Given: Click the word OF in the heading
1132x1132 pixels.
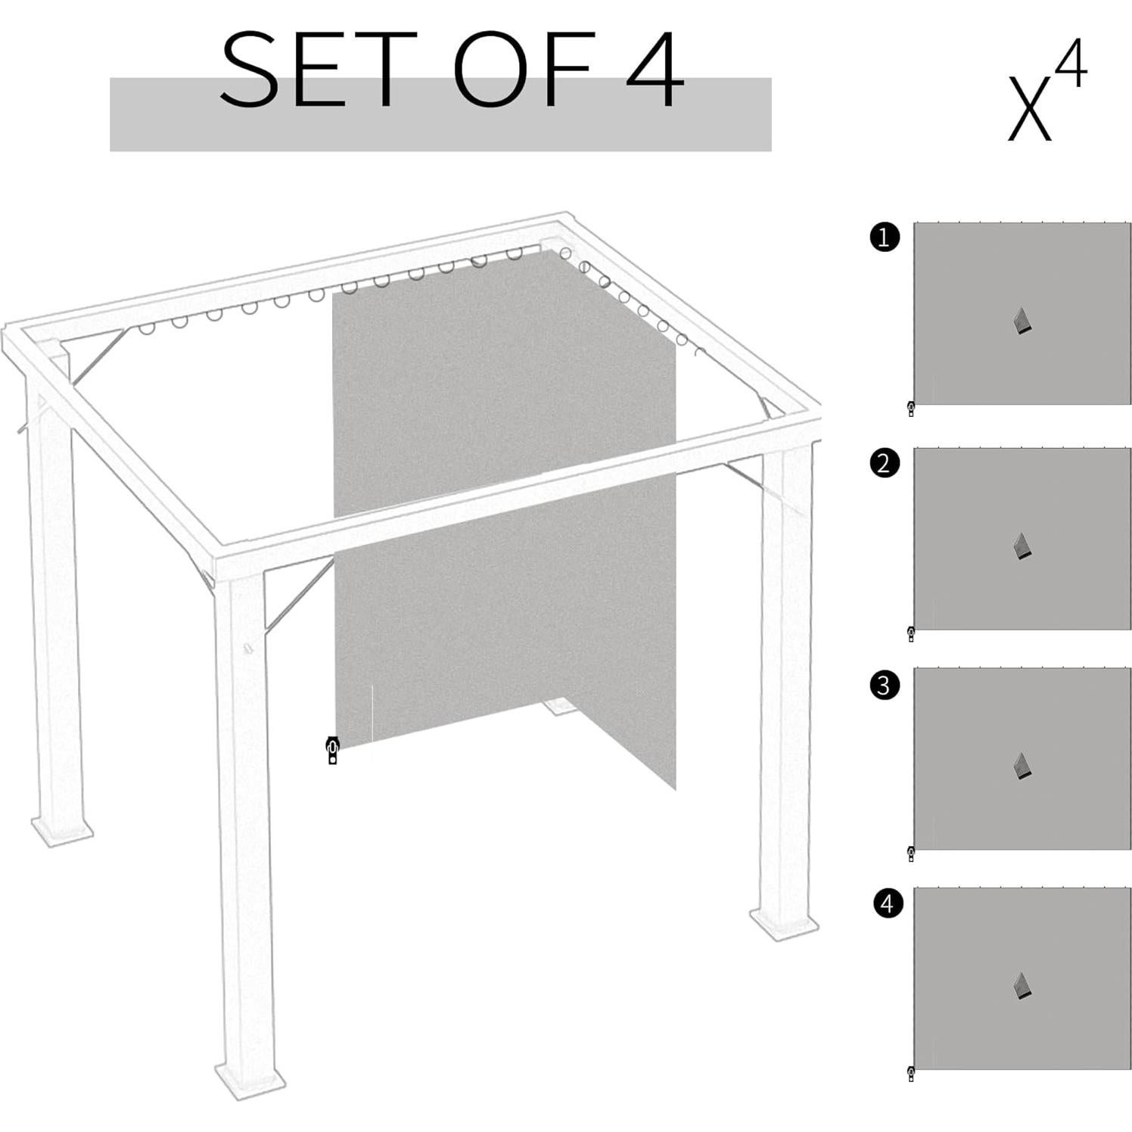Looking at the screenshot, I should pos(522,70).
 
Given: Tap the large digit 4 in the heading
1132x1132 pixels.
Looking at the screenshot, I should pos(655,70).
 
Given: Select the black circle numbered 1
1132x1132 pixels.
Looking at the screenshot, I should pos(885,238).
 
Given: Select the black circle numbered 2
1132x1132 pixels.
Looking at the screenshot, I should pos(885,462).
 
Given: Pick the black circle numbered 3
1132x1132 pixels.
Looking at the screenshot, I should pos(885,686).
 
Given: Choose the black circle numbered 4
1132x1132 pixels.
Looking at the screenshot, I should pos(888,903).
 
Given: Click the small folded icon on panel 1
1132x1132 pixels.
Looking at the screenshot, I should pos(1022,322).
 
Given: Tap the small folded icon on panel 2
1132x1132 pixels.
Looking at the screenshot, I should pos(1022,546).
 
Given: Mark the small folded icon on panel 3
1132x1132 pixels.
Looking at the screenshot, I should pos(1022,767).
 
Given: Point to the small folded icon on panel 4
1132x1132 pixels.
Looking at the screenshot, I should pos(1022,986).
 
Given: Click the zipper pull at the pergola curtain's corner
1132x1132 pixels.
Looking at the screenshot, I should pos(331,750).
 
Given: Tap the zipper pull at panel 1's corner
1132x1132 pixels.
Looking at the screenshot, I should pos(910,409).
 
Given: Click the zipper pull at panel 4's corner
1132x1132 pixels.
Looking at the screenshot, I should pos(910,1074).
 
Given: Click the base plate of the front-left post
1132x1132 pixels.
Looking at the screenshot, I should pos(250,1078).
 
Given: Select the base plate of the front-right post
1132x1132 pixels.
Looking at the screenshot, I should pos(785,923).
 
